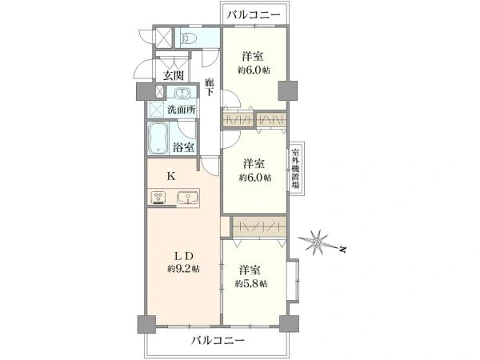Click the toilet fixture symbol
point(189,38)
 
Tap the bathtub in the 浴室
point(158,139)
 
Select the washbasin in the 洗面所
point(182,93)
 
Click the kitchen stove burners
point(159,197)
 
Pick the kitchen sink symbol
point(187,197)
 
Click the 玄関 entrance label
point(174,75)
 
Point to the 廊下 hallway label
point(210,87)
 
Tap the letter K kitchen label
point(171,176)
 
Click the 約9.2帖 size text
point(183,269)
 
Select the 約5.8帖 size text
point(251,284)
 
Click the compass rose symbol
point(317,242)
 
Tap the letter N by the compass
point(343,250)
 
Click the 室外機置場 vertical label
point(295,169)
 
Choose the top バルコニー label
point(254,14)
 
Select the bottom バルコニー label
point(218,340)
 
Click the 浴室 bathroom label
point(183,147)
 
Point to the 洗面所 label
point(182,110)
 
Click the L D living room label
point(184,255)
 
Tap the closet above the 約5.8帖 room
point(259,227)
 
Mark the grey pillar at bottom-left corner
point(146,324)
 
